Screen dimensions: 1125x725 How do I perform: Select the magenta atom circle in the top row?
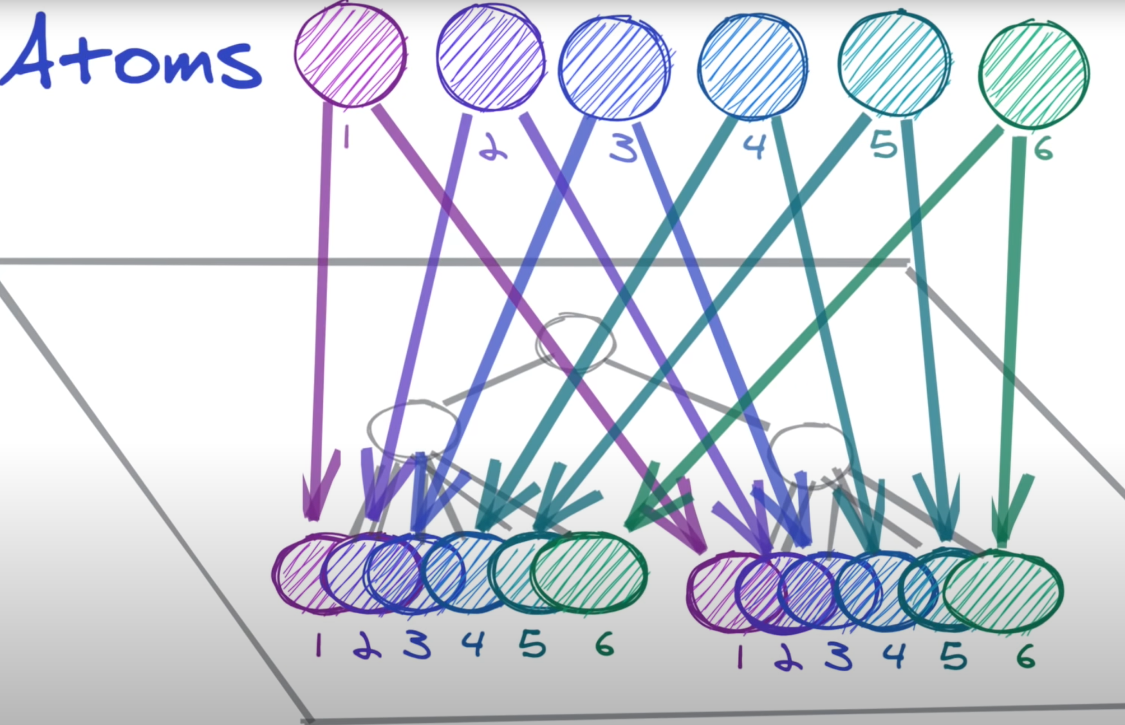(x=350, y=54)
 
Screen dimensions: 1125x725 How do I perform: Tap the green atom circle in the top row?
(x=1034, y=73)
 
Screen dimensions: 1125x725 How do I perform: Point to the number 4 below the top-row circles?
(x=754, y=147)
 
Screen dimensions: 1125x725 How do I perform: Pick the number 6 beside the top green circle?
(x=1043, y=149)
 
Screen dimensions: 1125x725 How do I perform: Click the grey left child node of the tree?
(x=413, y=428)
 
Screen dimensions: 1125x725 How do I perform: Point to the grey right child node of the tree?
(x=810, y=453)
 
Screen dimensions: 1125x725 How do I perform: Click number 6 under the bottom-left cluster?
(x=605, y=645)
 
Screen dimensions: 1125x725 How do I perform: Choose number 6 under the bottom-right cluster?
(x=1026, y=656)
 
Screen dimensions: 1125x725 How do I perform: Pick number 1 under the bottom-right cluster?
(x=740, y=657)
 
